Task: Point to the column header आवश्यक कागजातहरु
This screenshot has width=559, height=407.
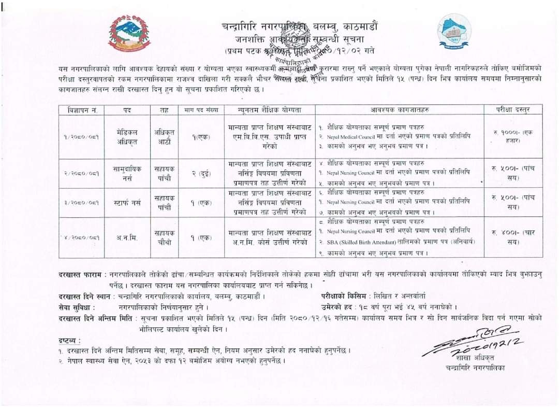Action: [399, 110]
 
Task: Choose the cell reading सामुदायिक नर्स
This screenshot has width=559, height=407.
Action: [127, 173]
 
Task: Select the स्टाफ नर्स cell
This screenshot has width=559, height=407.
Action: [127, 202]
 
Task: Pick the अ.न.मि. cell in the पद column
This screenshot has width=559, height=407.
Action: [127, 237]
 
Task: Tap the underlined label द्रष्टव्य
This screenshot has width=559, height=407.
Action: [69, 341]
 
